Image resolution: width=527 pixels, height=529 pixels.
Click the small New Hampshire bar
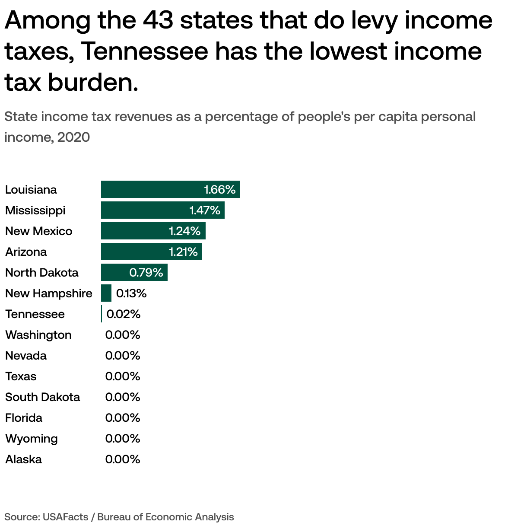(x=106, y=293)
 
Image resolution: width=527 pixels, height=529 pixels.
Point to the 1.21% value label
(x=183, y=252)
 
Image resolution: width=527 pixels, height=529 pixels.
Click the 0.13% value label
(x=131, y=293)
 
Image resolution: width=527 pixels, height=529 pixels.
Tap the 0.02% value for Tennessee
(x=124, y=314)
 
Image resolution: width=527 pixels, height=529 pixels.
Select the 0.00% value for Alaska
(x=123, y=459)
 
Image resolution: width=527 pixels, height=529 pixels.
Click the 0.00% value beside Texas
(x=123, y=376)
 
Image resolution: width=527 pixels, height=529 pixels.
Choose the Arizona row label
(x=26, y=252)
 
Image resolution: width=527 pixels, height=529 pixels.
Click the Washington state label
(x=38, y=335)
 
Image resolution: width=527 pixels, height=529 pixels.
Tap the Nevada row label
(x=26, y=355)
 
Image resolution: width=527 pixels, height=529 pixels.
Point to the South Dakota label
(x=42, y=397)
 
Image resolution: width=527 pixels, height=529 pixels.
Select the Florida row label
(x=24, y=417)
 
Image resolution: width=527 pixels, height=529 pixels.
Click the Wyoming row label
(x=32, y=438)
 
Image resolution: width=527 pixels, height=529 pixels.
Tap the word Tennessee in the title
(x=145, y=51)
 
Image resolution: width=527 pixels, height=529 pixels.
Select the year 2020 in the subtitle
(x=73, y=137)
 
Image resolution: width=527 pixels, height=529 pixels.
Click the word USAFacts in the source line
(x=65, y=517)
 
